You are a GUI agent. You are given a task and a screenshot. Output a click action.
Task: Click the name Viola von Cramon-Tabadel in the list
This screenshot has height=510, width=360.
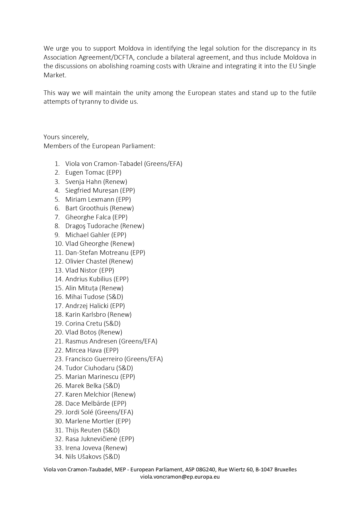pos(104,164)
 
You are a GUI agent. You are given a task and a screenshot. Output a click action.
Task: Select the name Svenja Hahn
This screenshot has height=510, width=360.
pos(83,182)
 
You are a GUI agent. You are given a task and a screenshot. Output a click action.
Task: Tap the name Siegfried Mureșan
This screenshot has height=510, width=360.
pos(92,191)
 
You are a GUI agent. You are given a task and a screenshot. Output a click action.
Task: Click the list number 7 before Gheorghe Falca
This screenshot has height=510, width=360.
pos(57,217)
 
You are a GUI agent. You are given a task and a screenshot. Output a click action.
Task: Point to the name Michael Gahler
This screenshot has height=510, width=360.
pos(87,235)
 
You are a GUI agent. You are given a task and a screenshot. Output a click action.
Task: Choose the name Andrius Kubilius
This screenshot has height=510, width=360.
pos(89,279)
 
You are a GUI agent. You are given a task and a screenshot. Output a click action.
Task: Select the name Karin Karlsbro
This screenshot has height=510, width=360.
pos(86,315)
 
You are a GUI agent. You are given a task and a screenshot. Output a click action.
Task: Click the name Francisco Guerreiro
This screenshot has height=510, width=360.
pos(94,359)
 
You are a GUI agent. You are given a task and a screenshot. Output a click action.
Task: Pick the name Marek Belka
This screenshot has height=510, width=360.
pos(83,386)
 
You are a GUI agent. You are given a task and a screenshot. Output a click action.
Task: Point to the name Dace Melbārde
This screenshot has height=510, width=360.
pos(88,404)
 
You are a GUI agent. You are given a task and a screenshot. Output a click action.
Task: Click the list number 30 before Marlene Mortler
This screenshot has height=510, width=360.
pos(59,421)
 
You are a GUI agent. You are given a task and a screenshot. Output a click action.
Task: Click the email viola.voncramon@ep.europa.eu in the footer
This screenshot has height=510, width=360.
pos(180,477)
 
